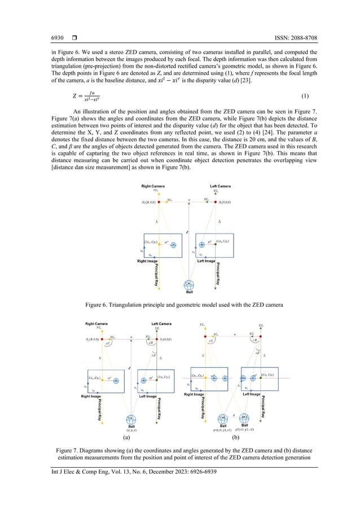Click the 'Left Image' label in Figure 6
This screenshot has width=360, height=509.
pyautogui.click(x=205, y=261)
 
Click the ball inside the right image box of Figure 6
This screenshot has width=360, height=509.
pyautogui.click(x=174, y=244)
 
